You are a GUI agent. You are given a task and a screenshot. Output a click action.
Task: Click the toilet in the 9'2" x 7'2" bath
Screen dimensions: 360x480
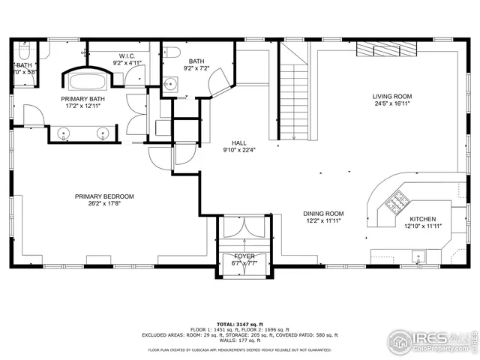[x=170, y=52]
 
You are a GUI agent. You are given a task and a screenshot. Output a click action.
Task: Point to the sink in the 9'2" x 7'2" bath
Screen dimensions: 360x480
[x=171, y=83]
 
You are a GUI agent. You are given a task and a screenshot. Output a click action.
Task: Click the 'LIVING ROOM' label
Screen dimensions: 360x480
[x=392, y=97]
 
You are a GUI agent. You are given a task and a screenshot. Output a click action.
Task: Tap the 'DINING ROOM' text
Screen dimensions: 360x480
[x=323, y=213]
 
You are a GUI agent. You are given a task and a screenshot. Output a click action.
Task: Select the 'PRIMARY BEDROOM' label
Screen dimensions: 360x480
[x=103, y=196]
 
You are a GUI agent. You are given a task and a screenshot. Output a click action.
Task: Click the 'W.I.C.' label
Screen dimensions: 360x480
[x=126, y=55]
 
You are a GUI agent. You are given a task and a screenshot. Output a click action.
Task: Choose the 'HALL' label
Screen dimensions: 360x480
[x=239, y=142]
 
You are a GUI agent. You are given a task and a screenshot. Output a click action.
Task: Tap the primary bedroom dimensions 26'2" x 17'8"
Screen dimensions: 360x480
[x=103, y=204]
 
